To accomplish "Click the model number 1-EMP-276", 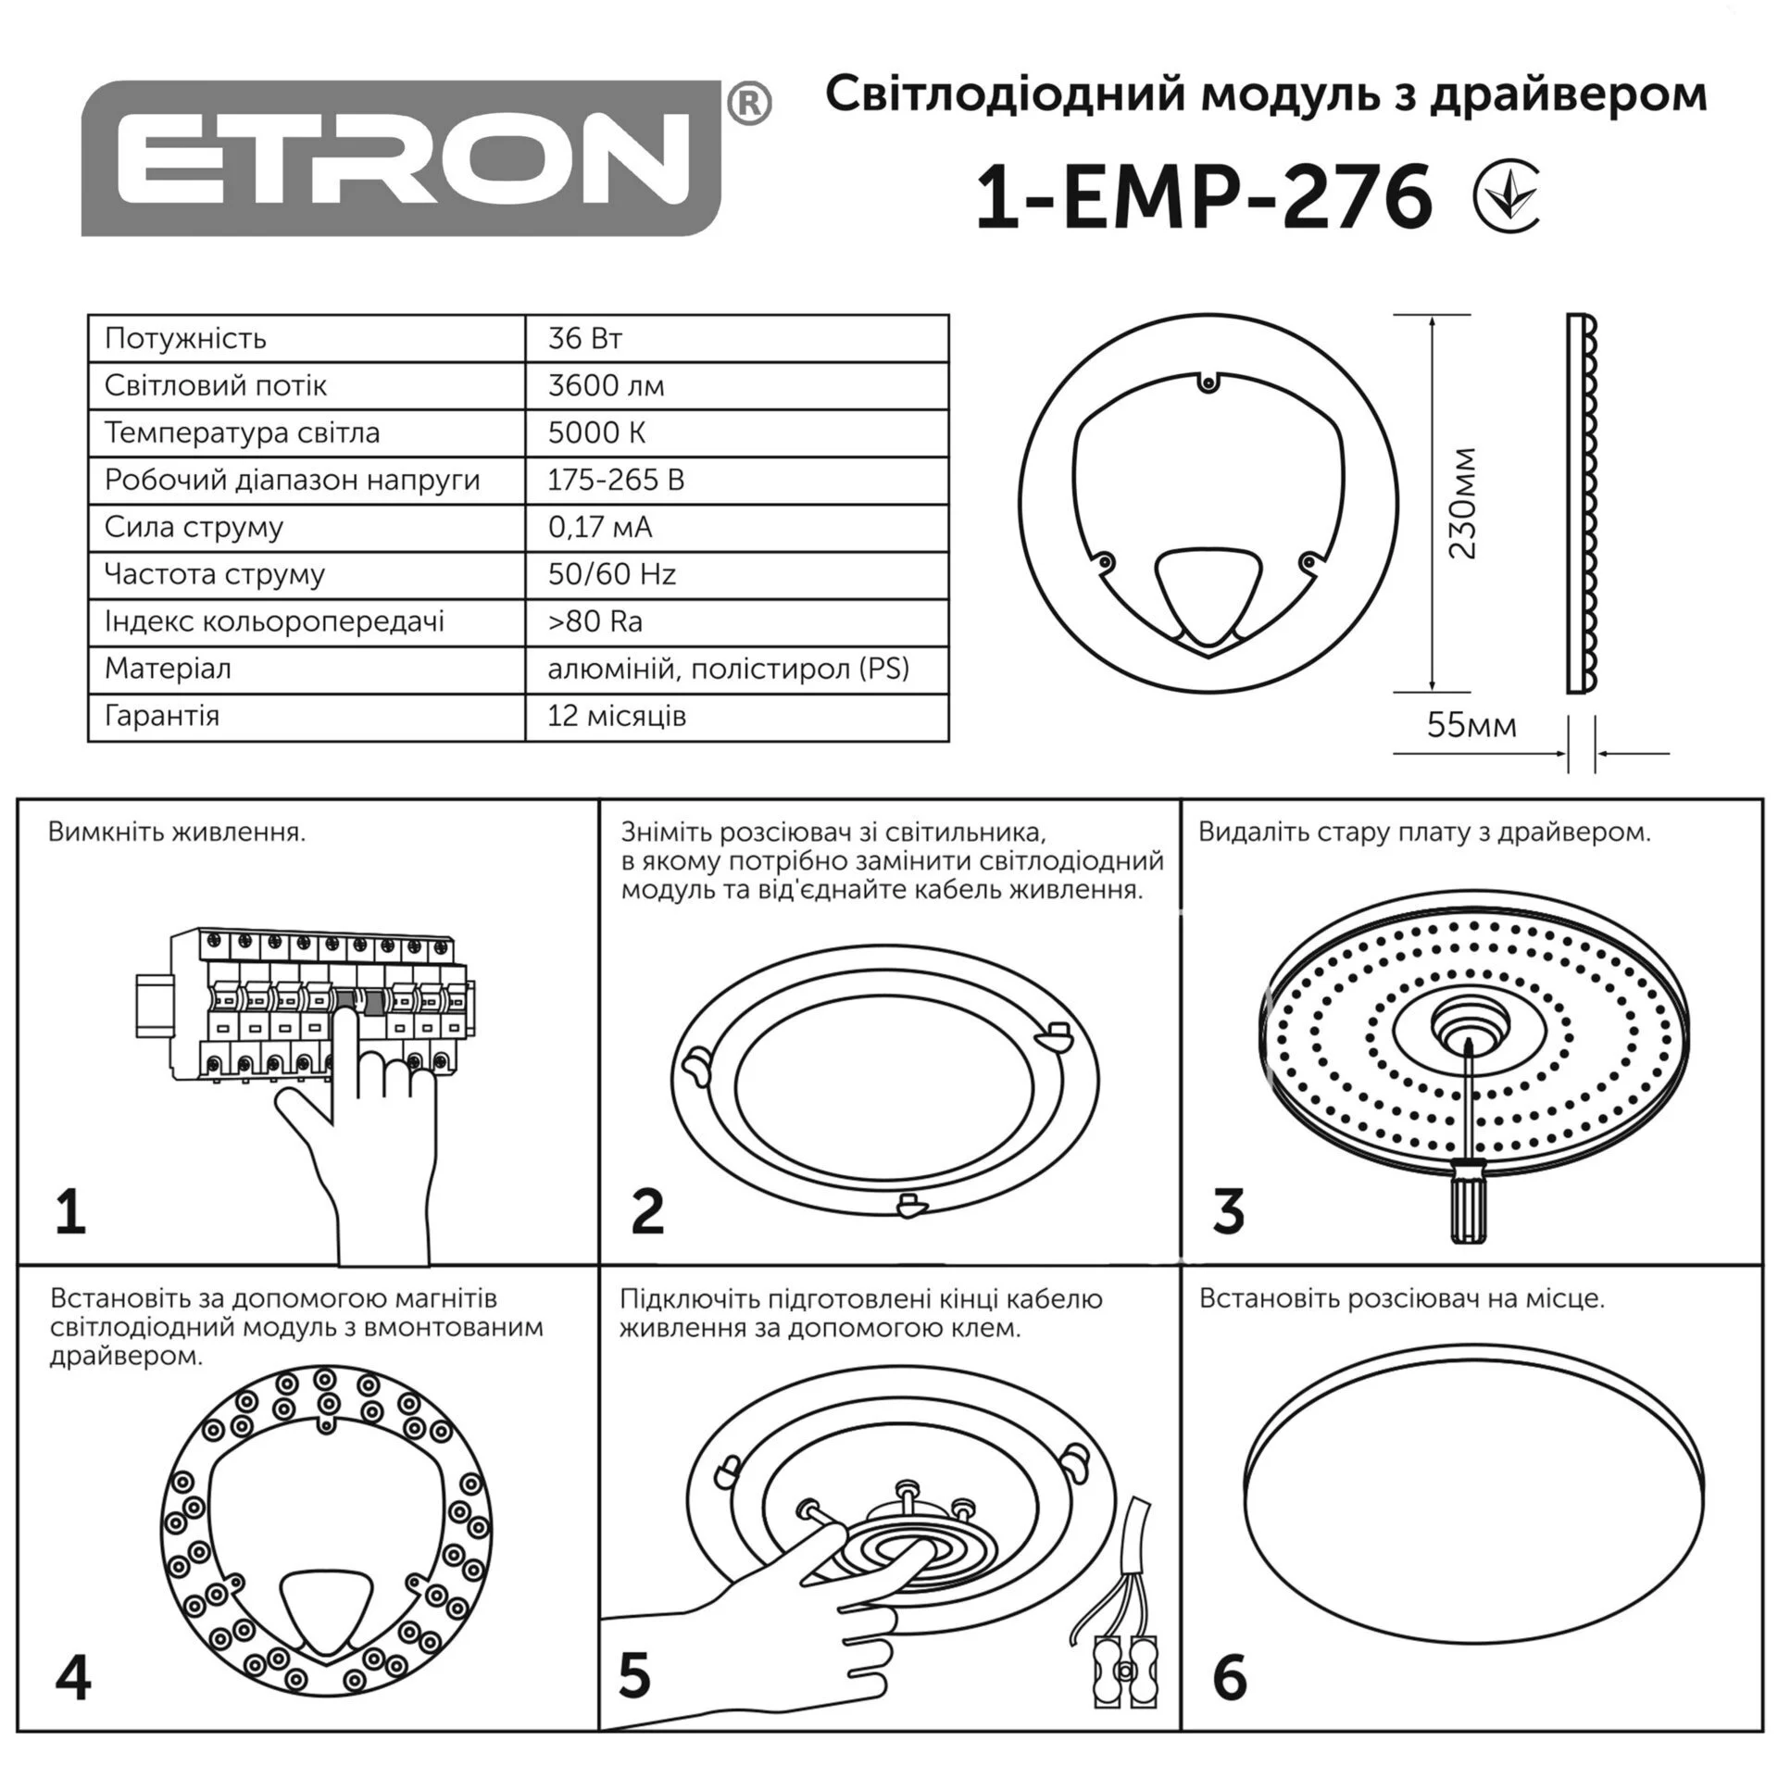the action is [x=1204, y=197].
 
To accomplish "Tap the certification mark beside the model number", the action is [x=1506, y=197].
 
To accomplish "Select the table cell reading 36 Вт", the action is [x=736, y=338].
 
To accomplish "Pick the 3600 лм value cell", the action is [x=736, y=385].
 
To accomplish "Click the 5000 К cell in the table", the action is [x=736, y=432].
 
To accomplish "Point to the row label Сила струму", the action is [x=194, y=527].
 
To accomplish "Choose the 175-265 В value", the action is [x=616, y=480].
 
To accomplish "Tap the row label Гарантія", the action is [x=162, y=716].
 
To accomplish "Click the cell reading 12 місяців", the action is [x=736, y=717].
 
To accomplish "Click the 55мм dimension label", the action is [x=1471, y=725].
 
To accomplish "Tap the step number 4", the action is [x=73, y=1678].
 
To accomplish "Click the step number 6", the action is [x=1229, y=1678].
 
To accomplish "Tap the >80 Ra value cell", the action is [x=736, y=621].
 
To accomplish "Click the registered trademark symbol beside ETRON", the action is [x=749, y=104].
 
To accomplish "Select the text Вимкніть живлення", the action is [x=177, y=833].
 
